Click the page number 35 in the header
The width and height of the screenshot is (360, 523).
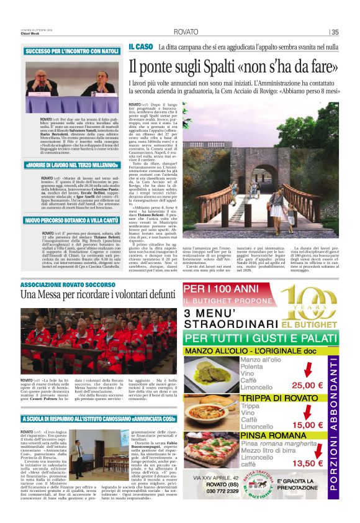pyautogui.click(x=335, y=32)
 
